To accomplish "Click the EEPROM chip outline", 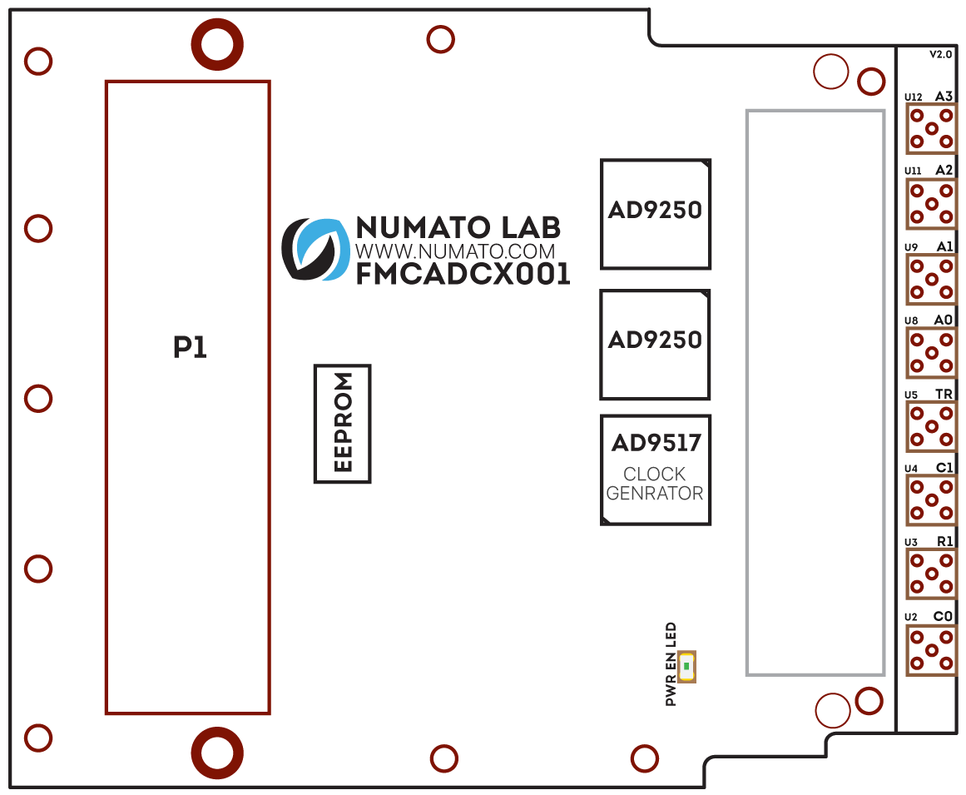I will click(x=342, y=423).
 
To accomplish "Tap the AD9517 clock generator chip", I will click(x=655, y=470).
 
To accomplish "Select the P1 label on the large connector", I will click(x=190, y=347).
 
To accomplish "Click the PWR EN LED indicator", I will click(x=686, y=666).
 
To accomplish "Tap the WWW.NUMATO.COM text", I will click(x=455, y=251).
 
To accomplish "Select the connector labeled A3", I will click(x=931, y=129).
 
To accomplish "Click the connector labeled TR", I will click(x=931, y=427).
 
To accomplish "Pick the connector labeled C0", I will click(x=931, y=650).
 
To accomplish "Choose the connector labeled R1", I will click(x=931, y=574).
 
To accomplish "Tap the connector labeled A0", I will click(x=931, y=353).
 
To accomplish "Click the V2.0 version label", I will click(x=940, y=54).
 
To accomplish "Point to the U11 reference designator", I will click(x=913, y=171).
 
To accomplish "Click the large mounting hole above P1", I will click(x=217, y=44).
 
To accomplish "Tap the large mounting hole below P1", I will click(x=217, y=753).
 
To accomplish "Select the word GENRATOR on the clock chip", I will click(x=655, y=493).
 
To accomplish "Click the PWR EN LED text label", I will click(x=671, y=664).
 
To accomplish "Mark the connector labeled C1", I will click(x=931, y=500).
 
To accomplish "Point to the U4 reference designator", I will click(x=911, y=470).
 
